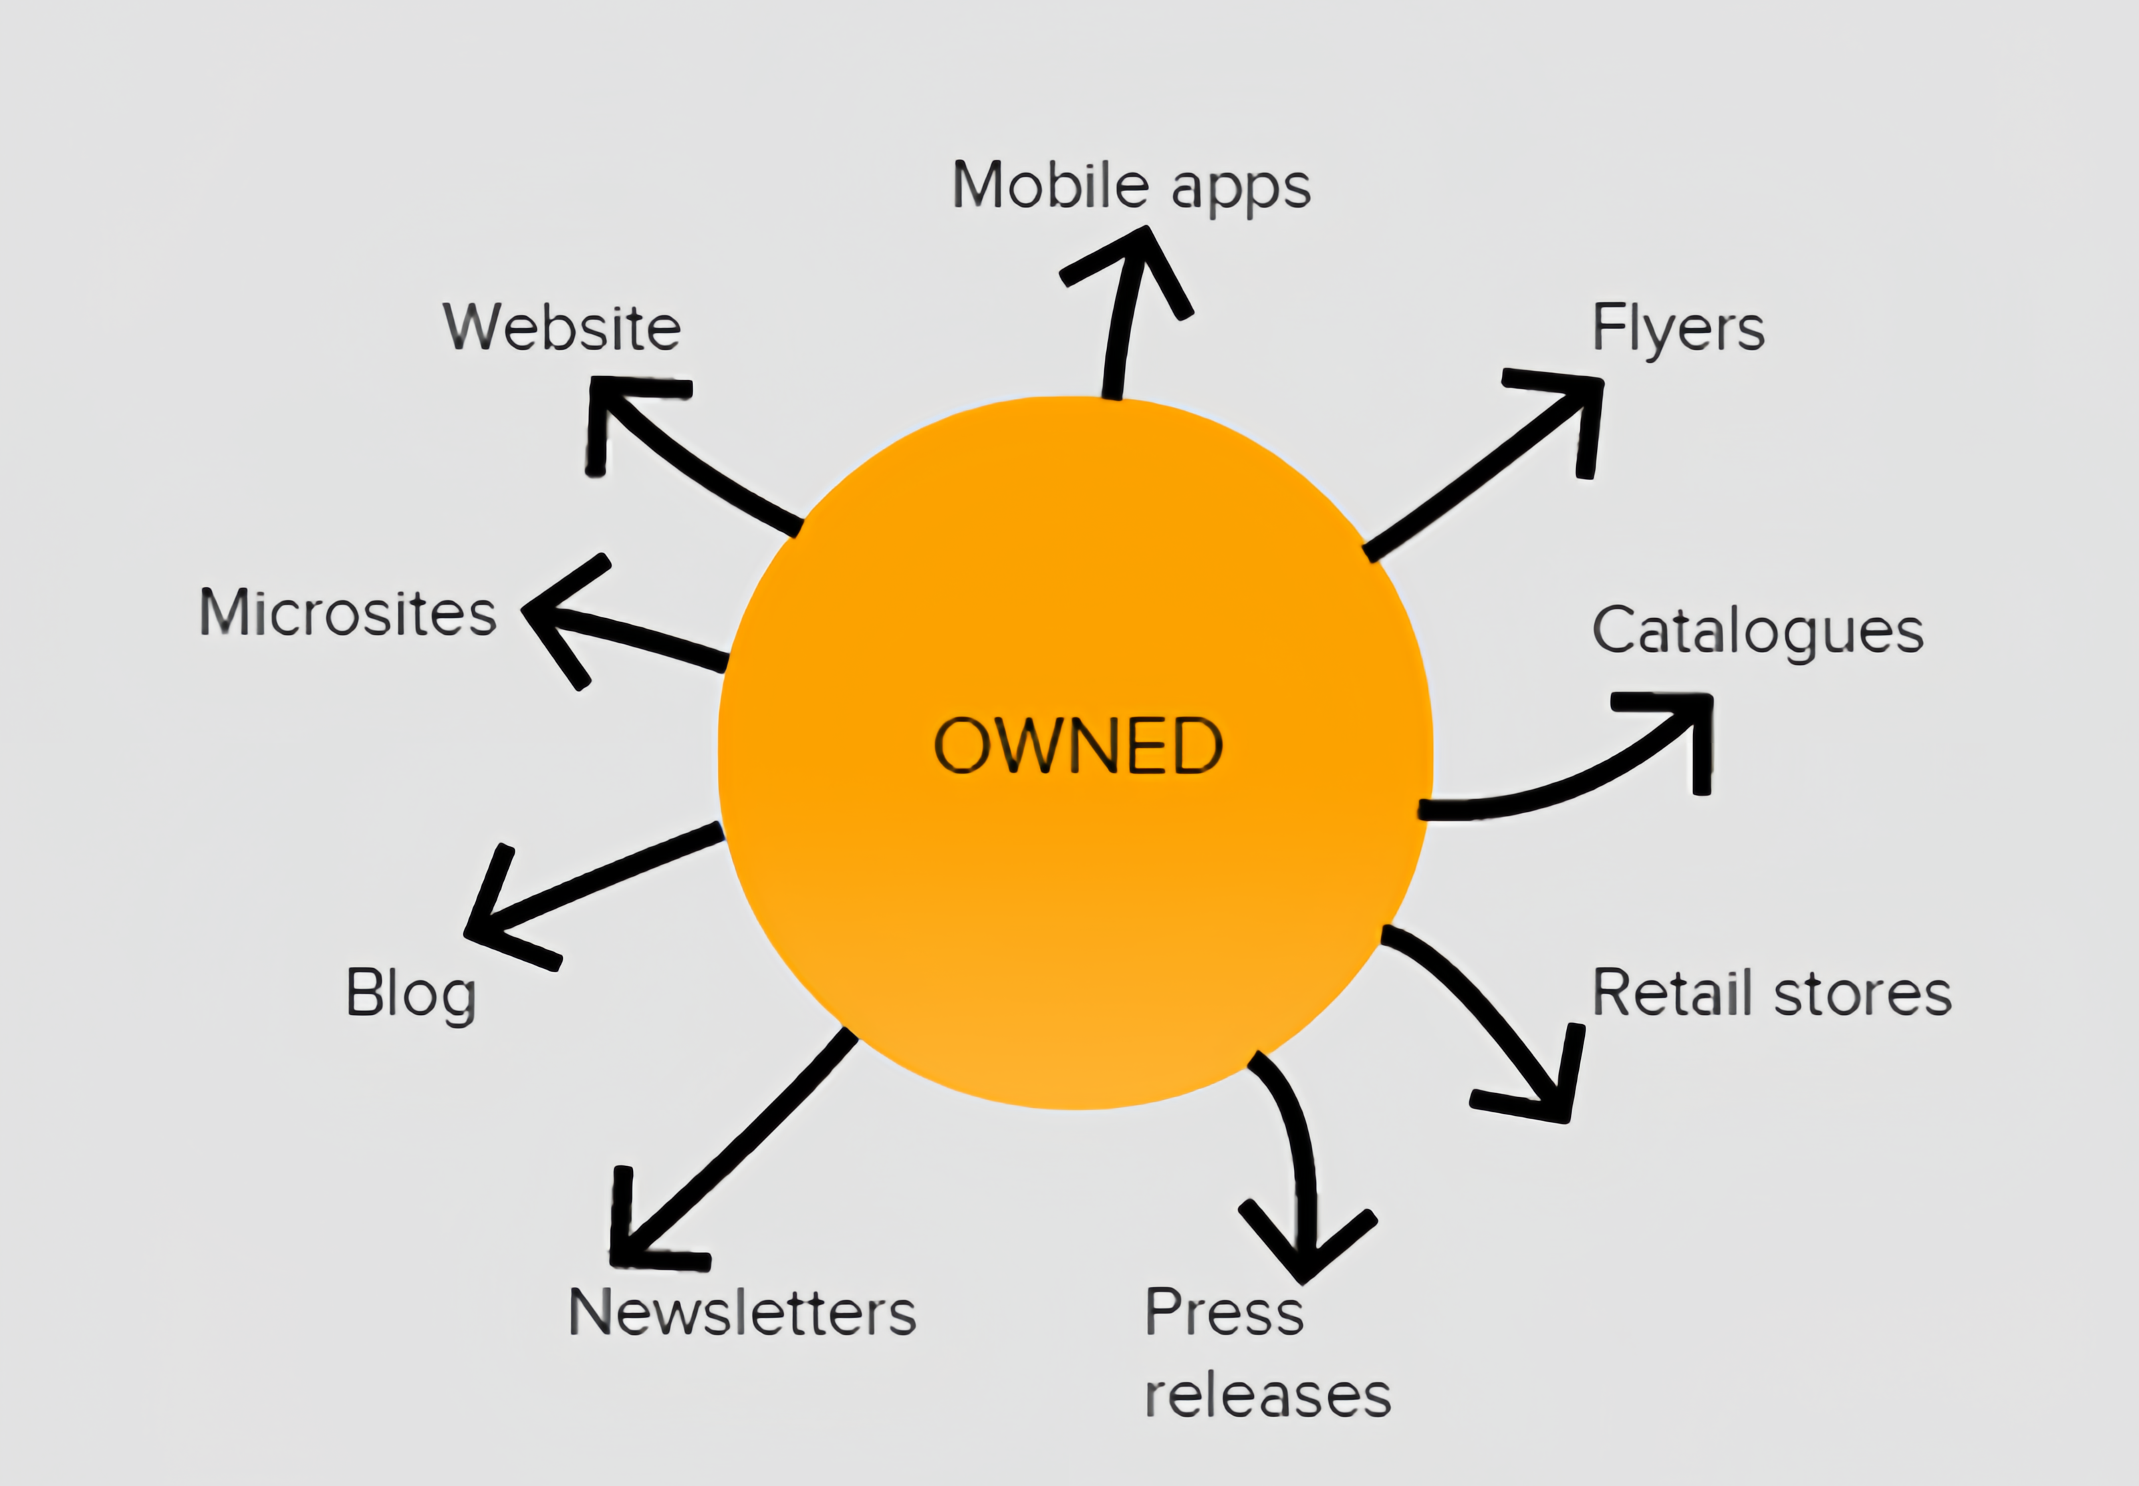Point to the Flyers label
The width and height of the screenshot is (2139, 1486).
[1678, 329]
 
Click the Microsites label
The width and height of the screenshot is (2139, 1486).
[348, 613]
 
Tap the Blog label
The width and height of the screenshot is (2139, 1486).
[410, 994]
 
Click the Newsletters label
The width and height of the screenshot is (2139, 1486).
[742, 1313]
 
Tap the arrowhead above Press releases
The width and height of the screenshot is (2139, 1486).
[1307, 1252]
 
